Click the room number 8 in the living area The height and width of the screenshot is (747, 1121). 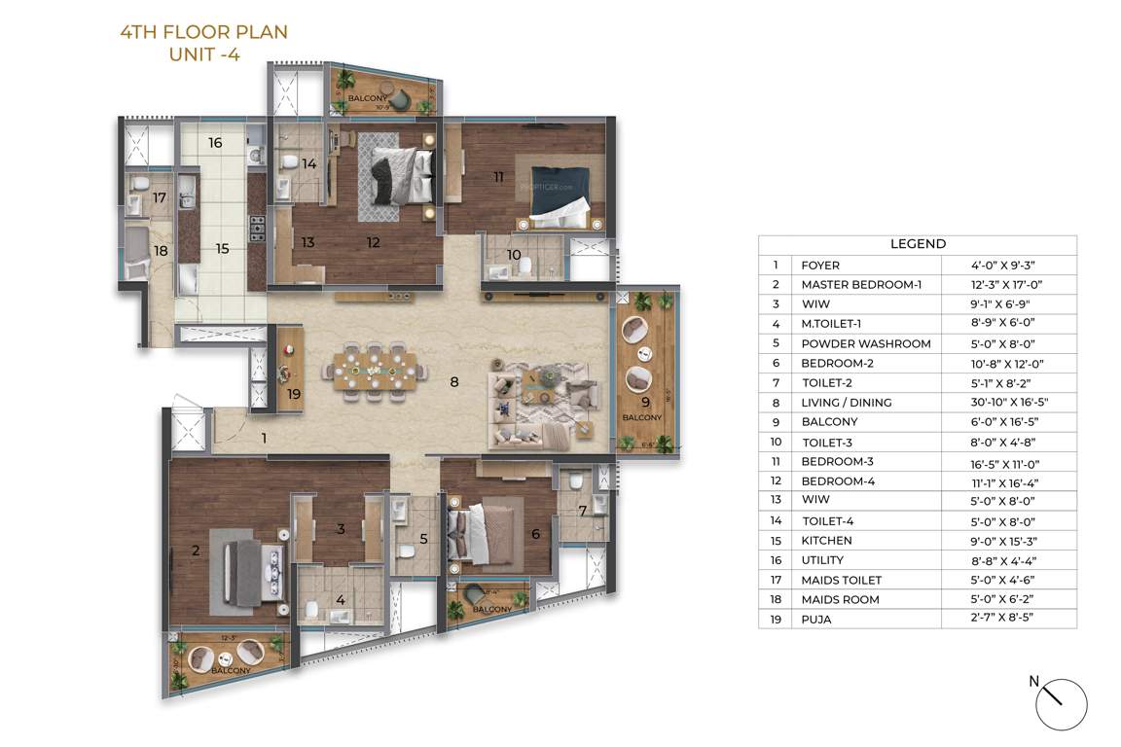(453, 382)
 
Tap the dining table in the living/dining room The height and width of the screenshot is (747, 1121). (377, 371)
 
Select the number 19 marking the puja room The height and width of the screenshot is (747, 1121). (294, 394)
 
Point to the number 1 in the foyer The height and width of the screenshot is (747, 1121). (263, 439)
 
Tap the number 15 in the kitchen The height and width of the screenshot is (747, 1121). (222, 249)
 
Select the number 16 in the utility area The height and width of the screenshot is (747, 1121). (215, 143)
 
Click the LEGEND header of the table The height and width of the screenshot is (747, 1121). (918, 244)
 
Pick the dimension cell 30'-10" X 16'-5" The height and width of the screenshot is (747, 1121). (1009, 402)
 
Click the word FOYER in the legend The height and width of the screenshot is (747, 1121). (819, 265)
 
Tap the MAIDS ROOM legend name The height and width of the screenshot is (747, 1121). (840, 599)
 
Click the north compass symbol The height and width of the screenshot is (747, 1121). (1060, 704)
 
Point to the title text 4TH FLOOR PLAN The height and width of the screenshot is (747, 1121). (203, 32)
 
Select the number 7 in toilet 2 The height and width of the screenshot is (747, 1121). (582, 511)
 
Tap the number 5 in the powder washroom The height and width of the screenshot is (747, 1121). (423, 539)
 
